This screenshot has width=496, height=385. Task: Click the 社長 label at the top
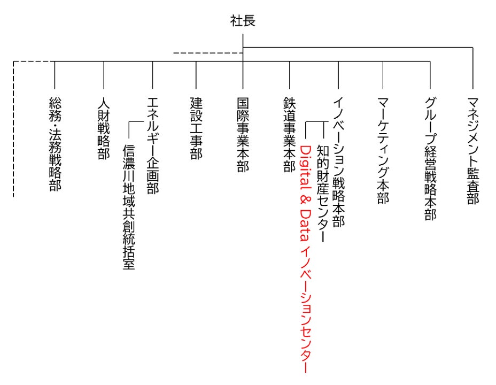[x=243, y=21]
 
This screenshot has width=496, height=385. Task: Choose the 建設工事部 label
[x=196, y=128]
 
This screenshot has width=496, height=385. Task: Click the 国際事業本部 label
[x=243, y=134]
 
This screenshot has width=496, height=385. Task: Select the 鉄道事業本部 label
[x=289, y=134]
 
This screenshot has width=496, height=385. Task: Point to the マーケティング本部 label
[x=383, y=150]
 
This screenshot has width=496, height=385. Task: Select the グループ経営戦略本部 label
[x=430, y=158]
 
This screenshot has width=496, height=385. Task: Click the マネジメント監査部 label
[x=472, y=150]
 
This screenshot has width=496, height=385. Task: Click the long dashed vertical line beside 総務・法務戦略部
[x=13, y=128]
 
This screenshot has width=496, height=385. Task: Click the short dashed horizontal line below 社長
[x=208, y=53]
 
